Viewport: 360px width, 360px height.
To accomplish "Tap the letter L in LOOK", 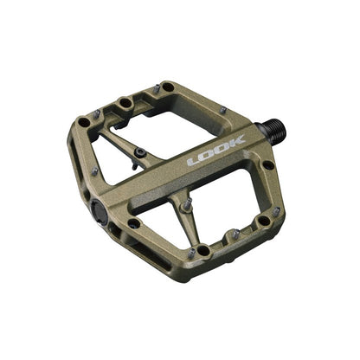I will [x=194, y=159].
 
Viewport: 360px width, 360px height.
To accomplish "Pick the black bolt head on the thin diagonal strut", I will [x=139, y=153].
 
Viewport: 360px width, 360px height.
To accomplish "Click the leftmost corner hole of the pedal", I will [x=83, y=122].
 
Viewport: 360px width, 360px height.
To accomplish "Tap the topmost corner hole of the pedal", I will [x=165, y=87].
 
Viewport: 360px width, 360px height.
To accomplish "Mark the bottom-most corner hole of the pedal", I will [x=201, y=250].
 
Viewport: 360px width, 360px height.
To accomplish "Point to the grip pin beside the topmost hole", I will [x=156, y=88].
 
